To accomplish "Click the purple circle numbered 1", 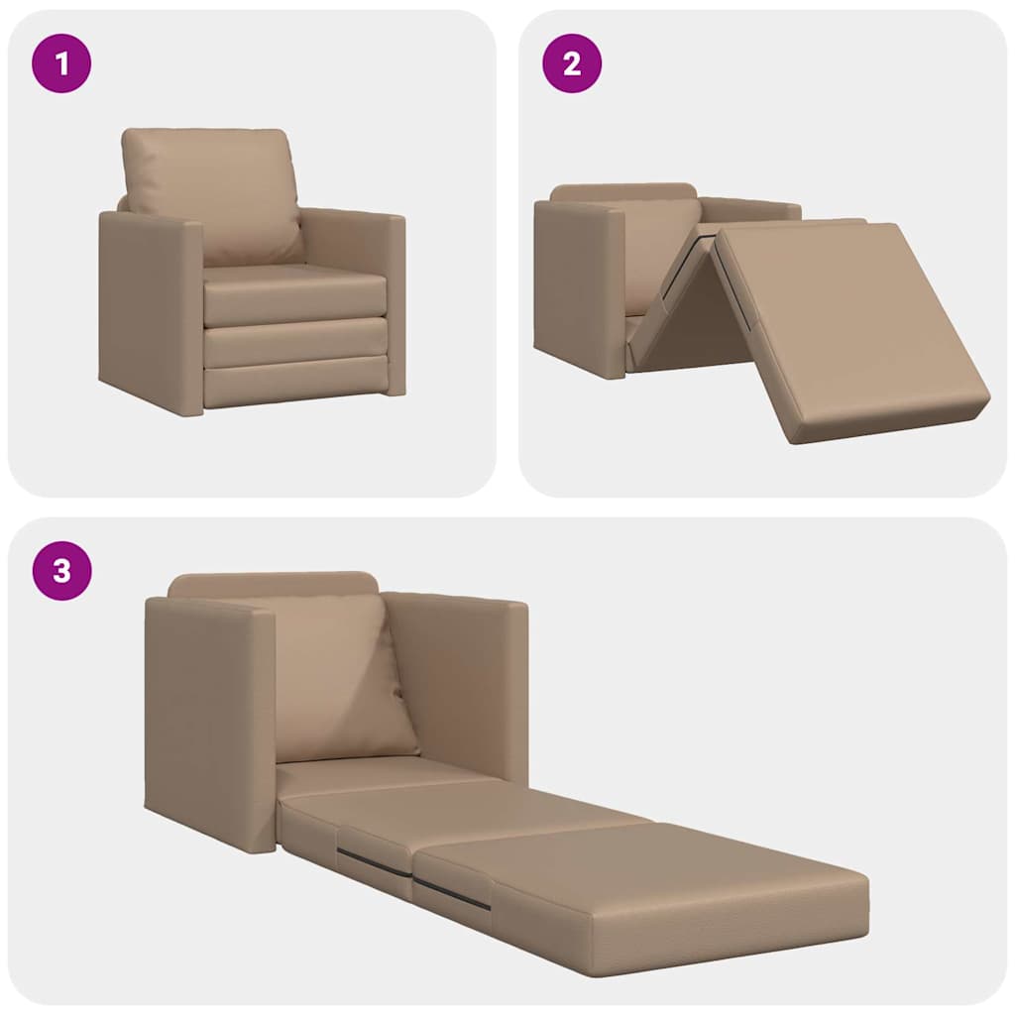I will tap(61, 63).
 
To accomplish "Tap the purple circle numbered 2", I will tap(571, 63).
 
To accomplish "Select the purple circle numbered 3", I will tap(61, 571).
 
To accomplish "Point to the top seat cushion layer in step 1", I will tap(294, 294).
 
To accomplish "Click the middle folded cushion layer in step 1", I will tap(294, 343).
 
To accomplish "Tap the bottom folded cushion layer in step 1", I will tap(294, 382).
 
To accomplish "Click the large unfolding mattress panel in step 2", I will tap(847, 332).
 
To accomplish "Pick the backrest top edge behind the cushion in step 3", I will tap(273, 584).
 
